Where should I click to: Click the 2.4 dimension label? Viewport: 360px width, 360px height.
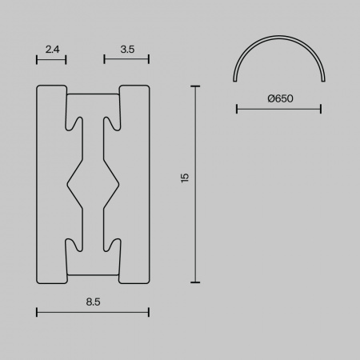[x=52, y=50]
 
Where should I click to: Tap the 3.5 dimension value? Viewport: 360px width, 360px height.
[x=127, y=50]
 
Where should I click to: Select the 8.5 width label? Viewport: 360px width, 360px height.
[x=93, y=302]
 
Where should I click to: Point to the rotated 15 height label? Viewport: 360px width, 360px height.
[x=185, y=178]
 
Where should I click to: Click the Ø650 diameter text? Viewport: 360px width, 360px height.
[x=280, y=98]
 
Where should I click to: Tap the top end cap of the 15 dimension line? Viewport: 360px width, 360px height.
[x=195, y=86]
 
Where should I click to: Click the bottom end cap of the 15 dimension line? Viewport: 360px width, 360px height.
[x=195, y=282]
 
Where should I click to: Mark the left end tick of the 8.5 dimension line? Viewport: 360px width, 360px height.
[x=37, y=312]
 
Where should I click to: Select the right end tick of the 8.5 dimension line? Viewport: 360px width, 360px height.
[x=149, y=312]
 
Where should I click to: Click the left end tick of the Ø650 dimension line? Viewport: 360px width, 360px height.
[x=237, y=109]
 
